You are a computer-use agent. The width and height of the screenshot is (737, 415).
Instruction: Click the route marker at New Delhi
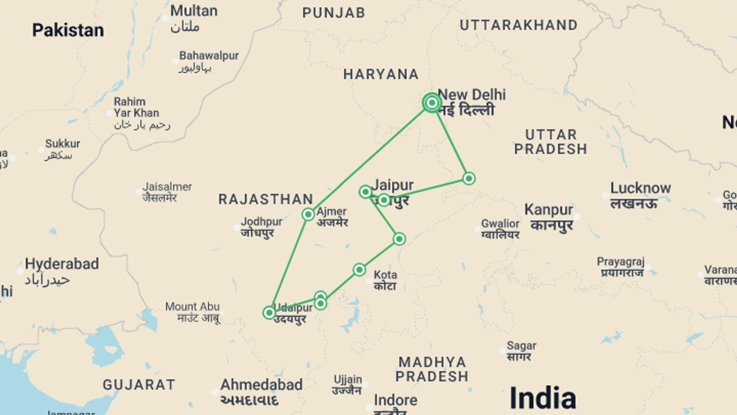[x=432, y=103]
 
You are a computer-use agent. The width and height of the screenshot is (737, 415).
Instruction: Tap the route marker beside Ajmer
[x=308, y=214]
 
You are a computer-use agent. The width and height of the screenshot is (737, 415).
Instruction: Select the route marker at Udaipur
[x=269, y=313]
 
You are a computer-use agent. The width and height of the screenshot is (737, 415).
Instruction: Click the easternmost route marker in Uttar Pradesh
[x=469, y=178]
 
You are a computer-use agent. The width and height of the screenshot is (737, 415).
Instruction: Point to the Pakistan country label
[x=68, y=30]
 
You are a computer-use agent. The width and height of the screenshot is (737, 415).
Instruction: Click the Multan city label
[x=193, y=11]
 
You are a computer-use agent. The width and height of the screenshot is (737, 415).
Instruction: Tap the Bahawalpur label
[x=209, y=56]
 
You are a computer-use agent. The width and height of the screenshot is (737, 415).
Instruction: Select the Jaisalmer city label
[x=167, y=187]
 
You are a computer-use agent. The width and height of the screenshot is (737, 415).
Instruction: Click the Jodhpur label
[x=261, y=222]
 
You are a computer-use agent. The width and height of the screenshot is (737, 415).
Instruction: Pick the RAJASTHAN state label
[x=266, y=199]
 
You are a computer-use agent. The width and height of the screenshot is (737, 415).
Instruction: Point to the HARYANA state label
[x=381, y=74]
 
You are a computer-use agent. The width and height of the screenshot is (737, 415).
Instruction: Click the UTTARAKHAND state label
[x=519, y=25]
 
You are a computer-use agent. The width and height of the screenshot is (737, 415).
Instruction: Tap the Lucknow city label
[x=640, y=188]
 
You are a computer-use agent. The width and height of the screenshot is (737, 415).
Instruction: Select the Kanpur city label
[x=549, y=210]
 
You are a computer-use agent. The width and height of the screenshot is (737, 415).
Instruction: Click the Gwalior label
[x=500, y=224]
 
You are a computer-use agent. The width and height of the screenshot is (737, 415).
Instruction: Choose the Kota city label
[x=385, y=275]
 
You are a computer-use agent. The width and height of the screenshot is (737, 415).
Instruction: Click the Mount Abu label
[x=192, y=307]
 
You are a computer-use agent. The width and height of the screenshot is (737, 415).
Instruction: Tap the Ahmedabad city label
[x=261, y=385]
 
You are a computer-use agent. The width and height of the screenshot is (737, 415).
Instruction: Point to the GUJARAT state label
[x=139, y=385]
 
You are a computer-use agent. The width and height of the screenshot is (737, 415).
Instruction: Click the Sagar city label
[x=521, y=346]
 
